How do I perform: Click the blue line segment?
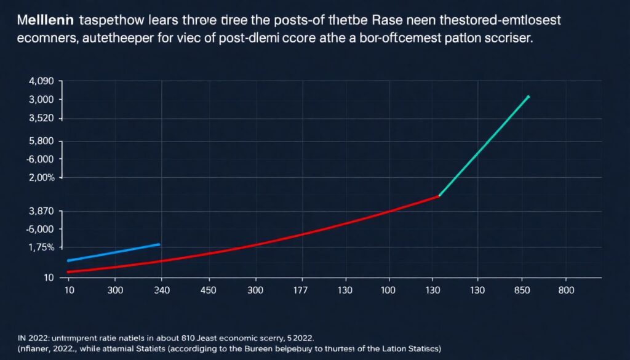click(x=114, y=252)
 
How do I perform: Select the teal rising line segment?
click(x=484, y=146)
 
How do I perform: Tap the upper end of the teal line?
click(x=528, y=97)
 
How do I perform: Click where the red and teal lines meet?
click(x=439, y=196)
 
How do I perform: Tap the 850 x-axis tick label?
click(x=522, y=290)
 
